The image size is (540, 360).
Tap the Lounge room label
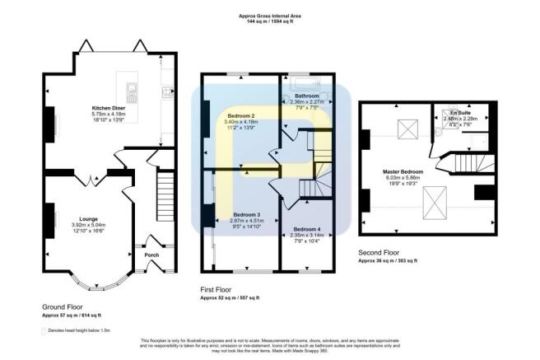pyautogui.click(x=88, y=219)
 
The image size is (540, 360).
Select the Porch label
pyautogui.click(x=151, y=255)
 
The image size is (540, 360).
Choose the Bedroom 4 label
pyautogui.click(x=307, y=228)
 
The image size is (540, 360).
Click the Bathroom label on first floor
pyautogui.click(x=307, y=96)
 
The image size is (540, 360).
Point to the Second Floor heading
pyautogui.click(x=380, y=254)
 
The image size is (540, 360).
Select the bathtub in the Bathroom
pyautogui.click(x=306, y=85)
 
